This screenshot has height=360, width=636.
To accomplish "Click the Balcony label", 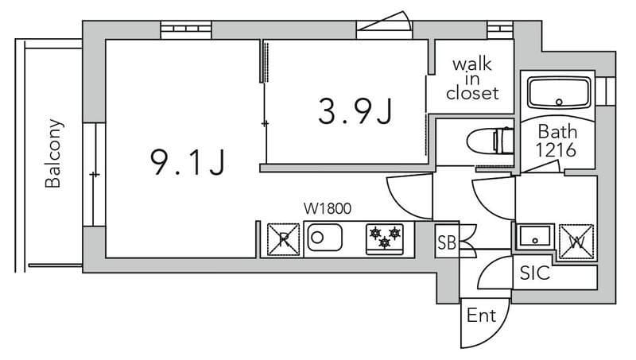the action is pos(53,153).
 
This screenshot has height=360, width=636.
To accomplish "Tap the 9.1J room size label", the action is pos(187,162).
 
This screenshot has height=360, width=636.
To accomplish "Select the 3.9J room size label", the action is pos(355,111).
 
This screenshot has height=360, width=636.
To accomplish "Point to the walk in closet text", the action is pos(472,79).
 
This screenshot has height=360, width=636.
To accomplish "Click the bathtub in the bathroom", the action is pos(559,93).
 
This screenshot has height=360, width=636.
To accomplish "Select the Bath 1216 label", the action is pos(556,141).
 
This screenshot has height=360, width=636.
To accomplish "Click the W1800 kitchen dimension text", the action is pos(328,209).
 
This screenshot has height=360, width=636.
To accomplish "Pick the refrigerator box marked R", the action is pos(284,240).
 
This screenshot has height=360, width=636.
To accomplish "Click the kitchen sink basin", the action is pos(324,238).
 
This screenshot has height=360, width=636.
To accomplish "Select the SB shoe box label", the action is pos(447,242).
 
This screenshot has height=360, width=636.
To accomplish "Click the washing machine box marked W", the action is pos(576,242).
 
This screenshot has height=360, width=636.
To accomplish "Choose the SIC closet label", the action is pos(534,273).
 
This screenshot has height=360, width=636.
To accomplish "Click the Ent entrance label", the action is pos(481,315).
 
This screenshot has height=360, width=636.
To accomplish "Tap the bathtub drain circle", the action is pos(560,103).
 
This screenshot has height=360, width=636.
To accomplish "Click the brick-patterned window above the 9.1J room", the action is pos(186,29).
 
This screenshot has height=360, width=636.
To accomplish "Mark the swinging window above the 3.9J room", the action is pos(384,25).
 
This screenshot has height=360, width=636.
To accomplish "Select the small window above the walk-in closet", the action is pos(500,29).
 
